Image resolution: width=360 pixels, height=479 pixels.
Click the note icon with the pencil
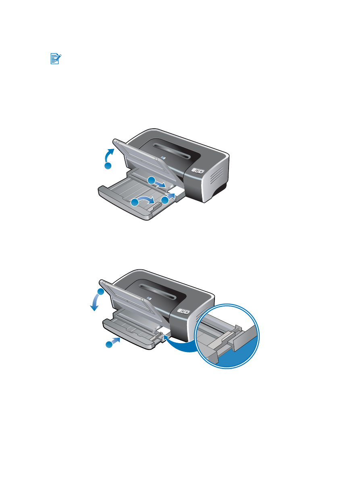pyautogui.click(x=56, y=59)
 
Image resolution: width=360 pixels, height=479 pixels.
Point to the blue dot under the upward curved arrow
pyautogui.click(x=108, y=166)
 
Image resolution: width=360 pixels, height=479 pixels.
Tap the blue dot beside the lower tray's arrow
pyautogui.click(x=108, y=344)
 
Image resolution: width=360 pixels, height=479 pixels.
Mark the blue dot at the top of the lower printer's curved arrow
pyautogui.click(x=101, y=292)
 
